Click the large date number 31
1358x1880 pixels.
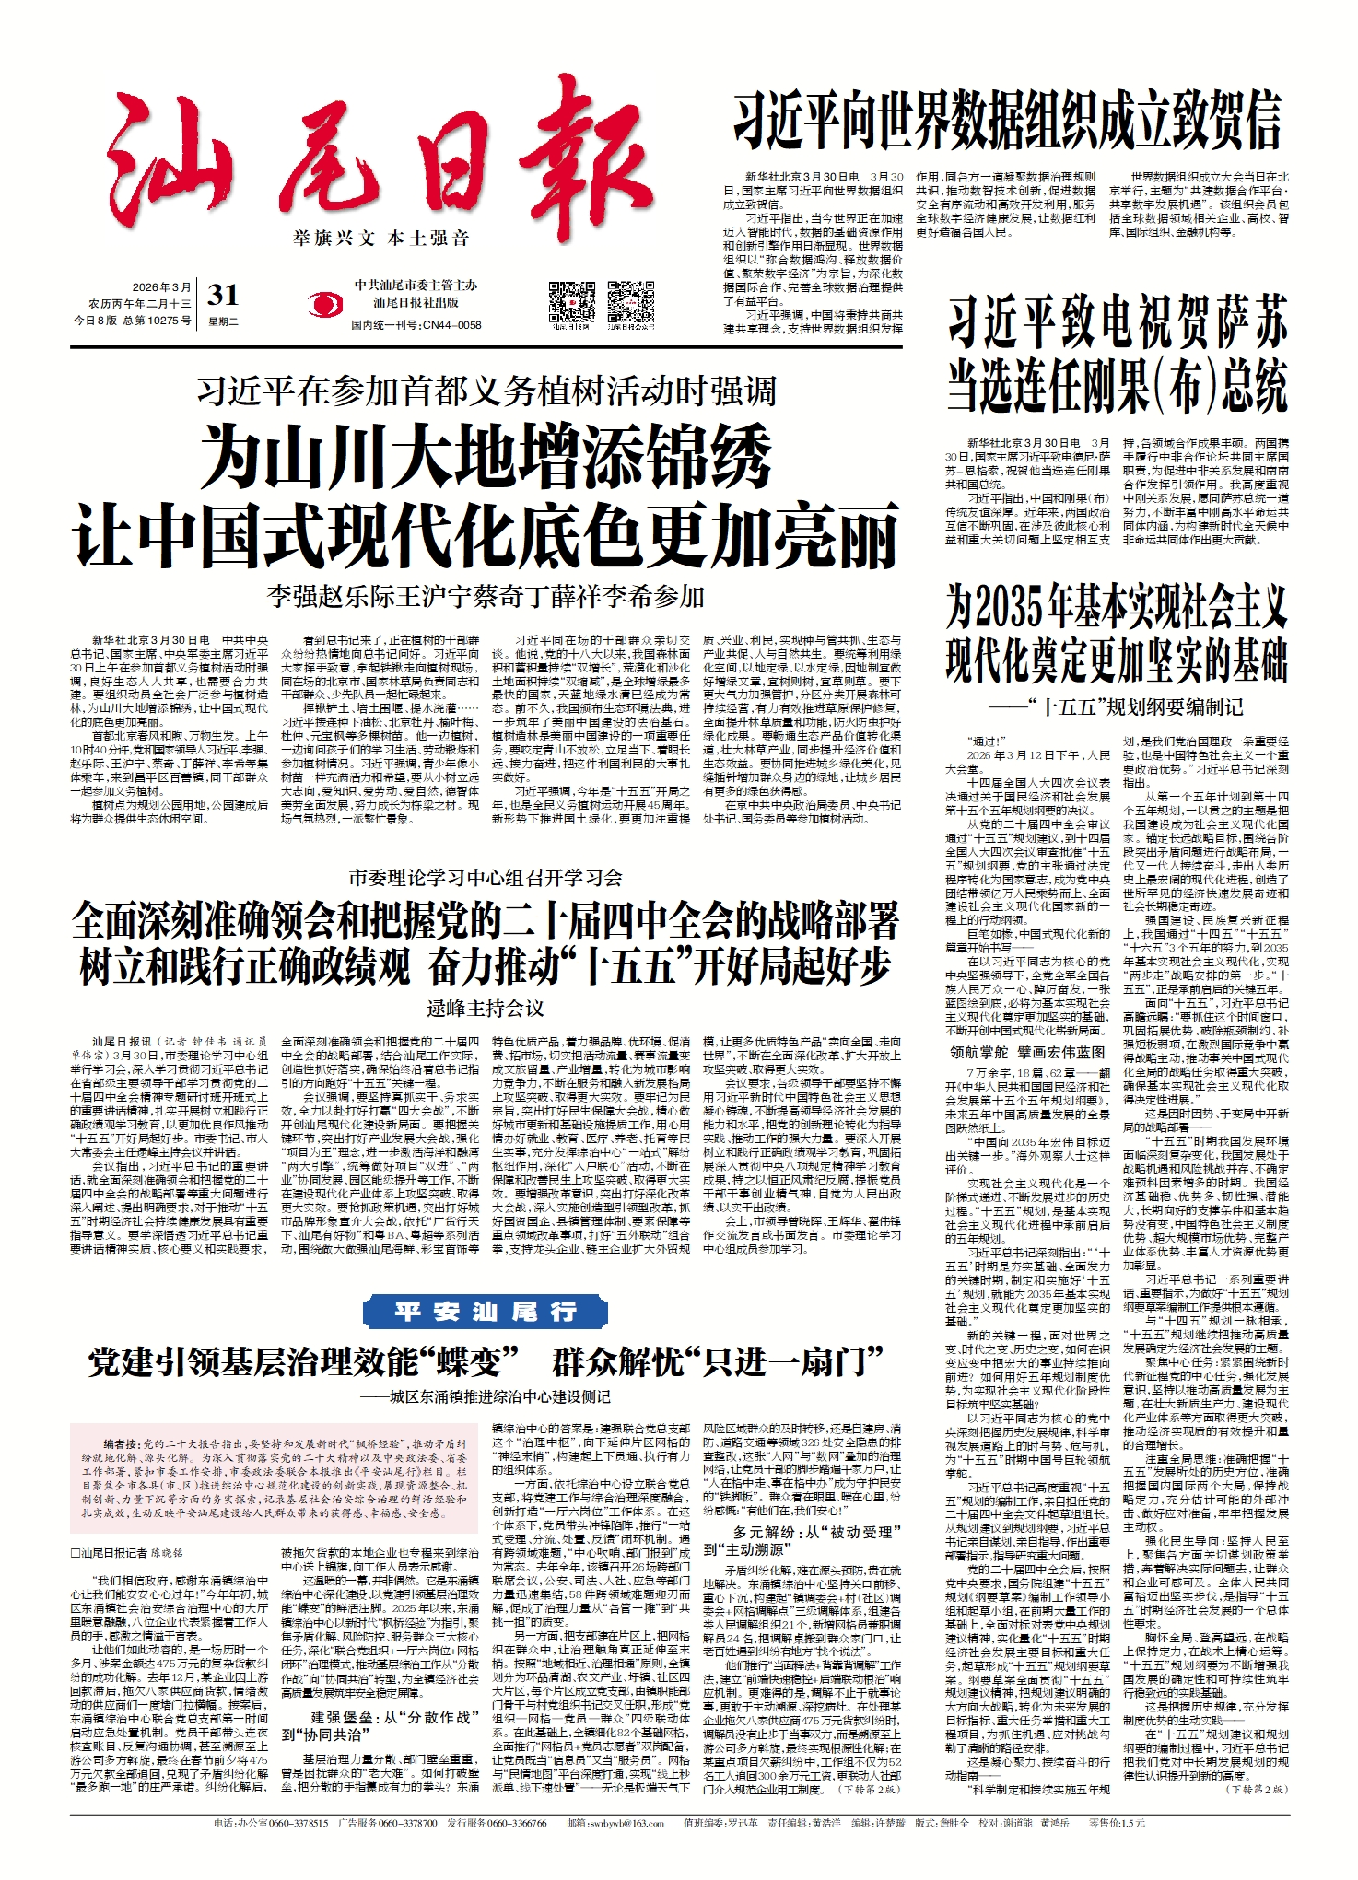point(223,295)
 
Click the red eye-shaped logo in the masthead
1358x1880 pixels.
point(322,305)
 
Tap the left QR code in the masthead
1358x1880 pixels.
point(571,301)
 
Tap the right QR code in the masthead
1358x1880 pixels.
point(631,301)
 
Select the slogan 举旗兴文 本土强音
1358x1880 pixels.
point(381,239)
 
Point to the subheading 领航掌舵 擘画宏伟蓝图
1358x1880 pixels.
point(1027,1051)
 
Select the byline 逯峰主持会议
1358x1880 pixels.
point(486,1009)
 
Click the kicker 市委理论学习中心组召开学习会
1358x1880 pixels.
point(486,877)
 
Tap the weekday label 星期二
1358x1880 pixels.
point(223,321)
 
